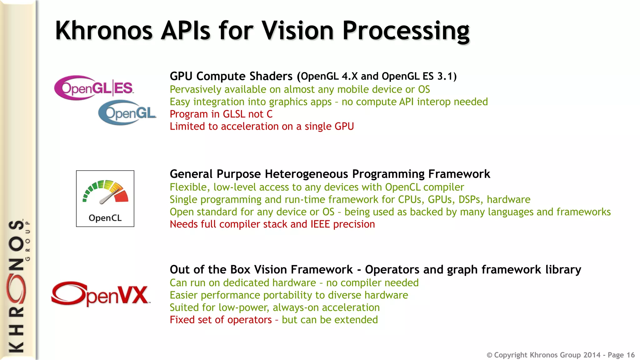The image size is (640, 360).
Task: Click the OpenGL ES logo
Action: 94,88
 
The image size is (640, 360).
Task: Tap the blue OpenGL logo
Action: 127,113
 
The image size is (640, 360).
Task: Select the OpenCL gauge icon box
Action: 105,198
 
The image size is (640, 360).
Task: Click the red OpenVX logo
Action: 100,294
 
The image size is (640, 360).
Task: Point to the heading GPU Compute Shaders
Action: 231,76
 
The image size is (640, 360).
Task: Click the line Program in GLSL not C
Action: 221,114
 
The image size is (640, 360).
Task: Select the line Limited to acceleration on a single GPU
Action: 262,126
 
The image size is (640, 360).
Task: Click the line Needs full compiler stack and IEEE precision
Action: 272,224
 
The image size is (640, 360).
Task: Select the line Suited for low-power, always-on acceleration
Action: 274,307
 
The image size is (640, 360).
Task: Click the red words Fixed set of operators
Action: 221,320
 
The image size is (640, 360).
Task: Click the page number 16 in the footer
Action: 630,355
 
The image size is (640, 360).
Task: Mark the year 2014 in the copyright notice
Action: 592,355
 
